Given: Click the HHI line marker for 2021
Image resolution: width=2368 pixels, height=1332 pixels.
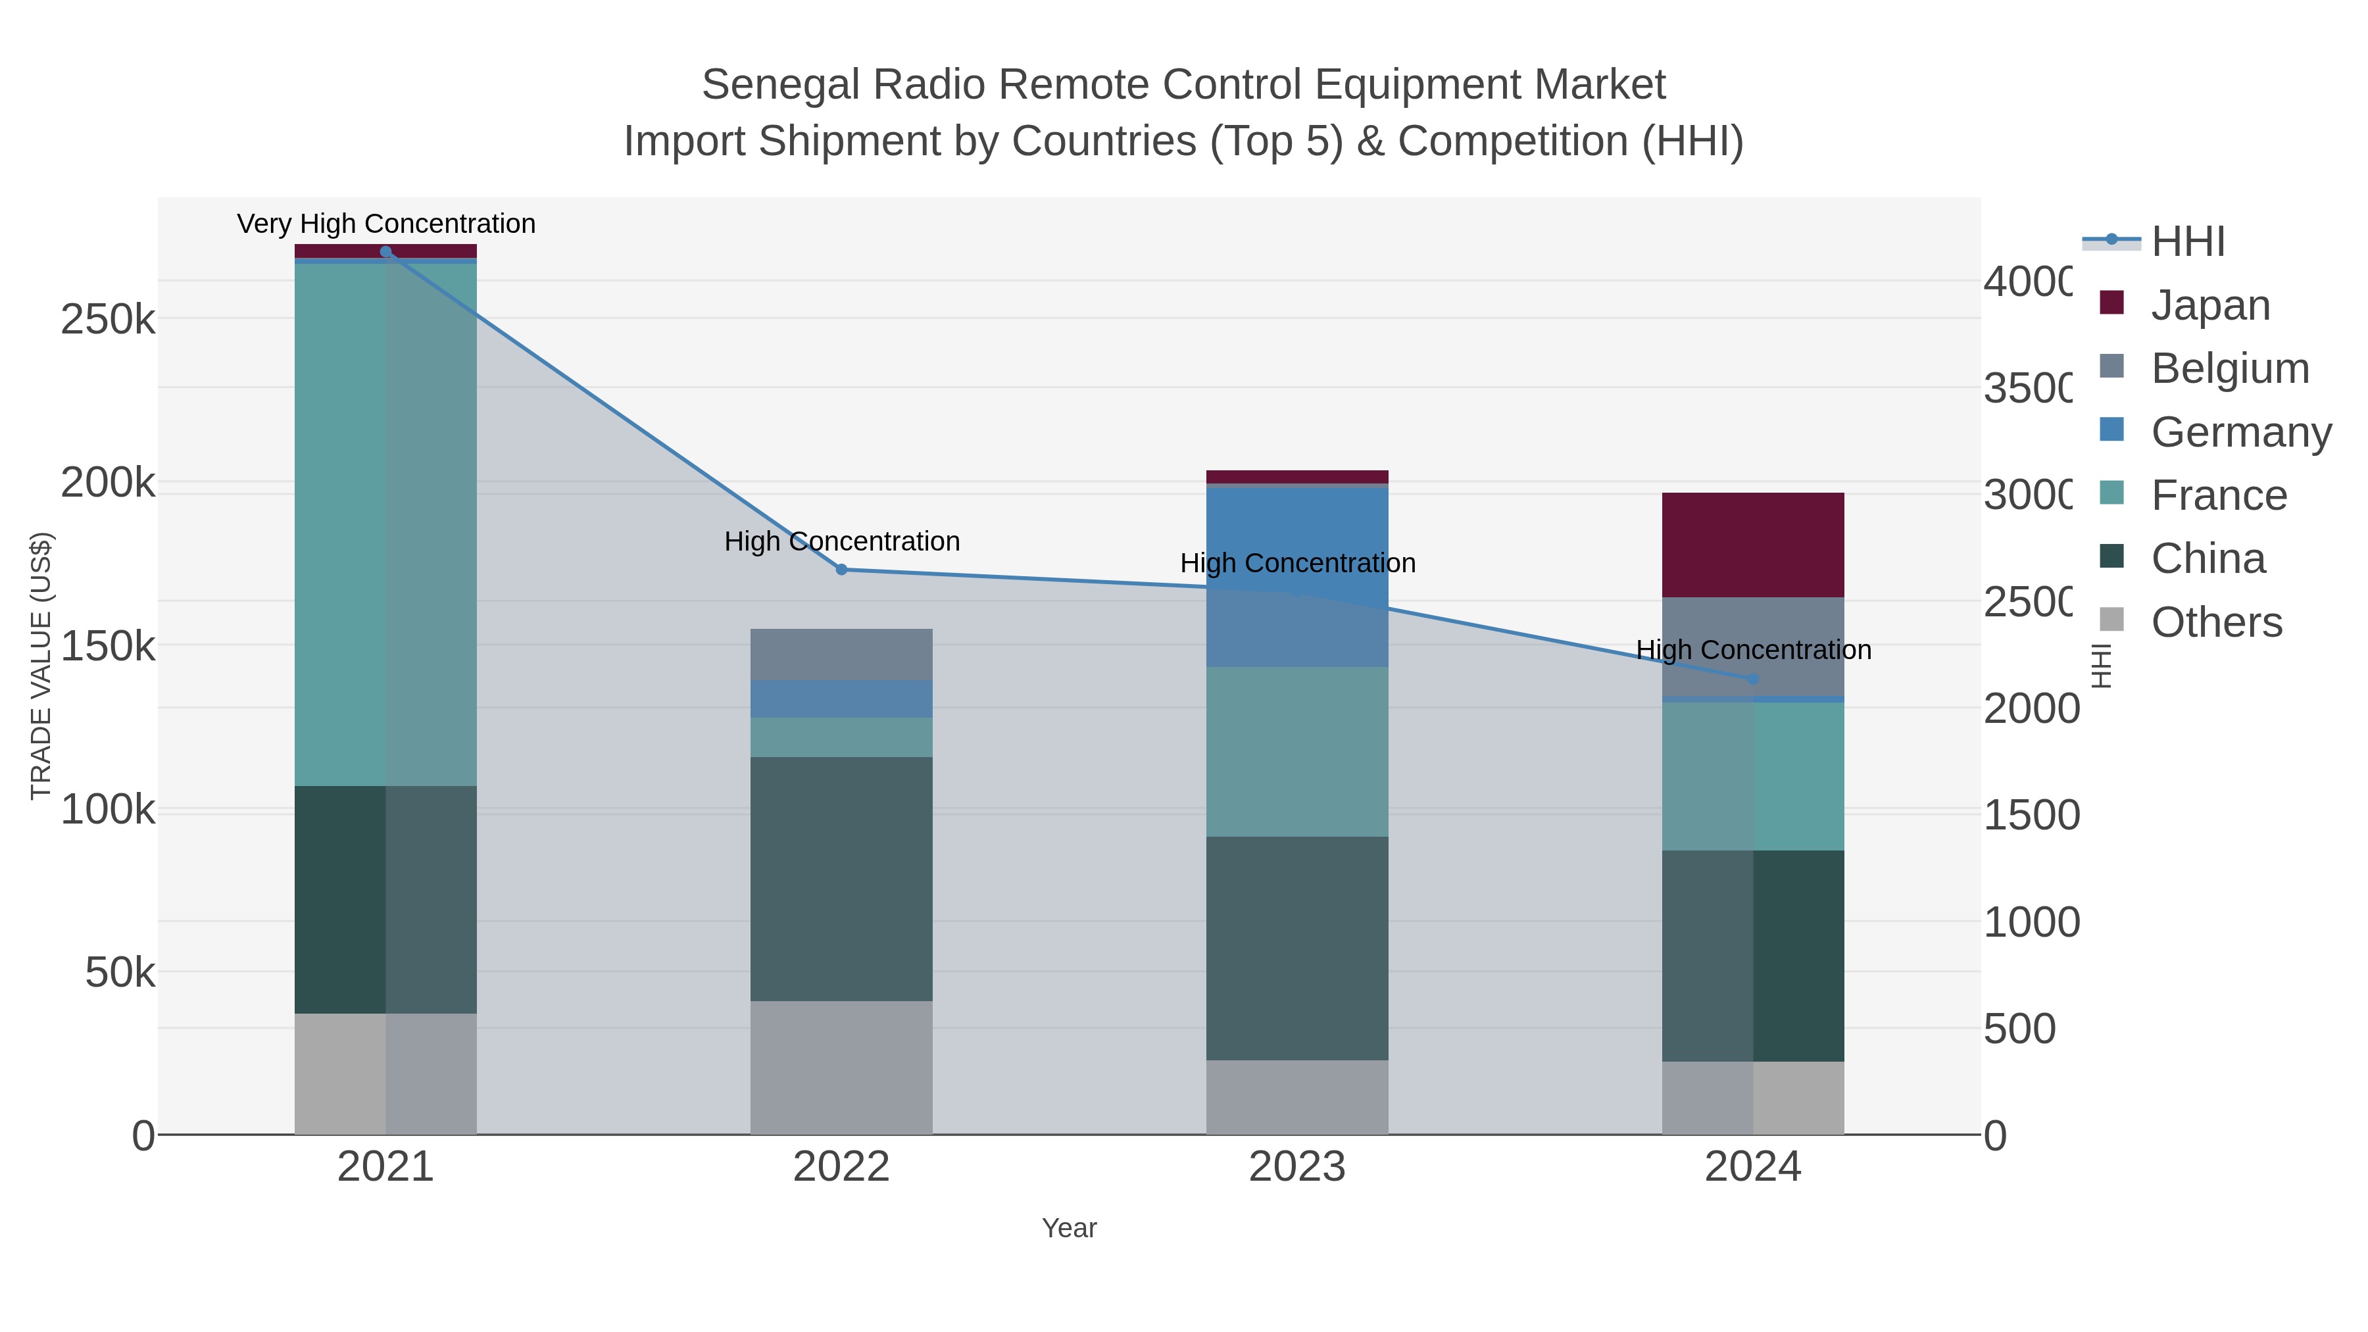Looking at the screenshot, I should (x=385, y=252).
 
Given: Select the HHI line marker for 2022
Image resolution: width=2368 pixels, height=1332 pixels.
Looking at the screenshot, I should (x=841, y=570).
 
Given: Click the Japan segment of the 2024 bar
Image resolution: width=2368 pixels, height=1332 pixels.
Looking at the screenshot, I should (x=1752, y=545).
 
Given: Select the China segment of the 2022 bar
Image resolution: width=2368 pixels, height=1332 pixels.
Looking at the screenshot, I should (x=841, y=879).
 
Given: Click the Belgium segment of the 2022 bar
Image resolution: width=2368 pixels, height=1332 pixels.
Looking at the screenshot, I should (x=841, y=654).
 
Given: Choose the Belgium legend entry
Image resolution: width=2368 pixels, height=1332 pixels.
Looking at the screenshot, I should (x=2229, y=368).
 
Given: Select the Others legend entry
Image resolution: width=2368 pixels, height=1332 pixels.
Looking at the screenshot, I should (x=2215, y=622).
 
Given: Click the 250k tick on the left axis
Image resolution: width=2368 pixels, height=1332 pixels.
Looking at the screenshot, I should (x=108, y=320).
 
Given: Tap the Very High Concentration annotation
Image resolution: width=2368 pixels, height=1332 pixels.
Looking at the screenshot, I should (x=386, y=224).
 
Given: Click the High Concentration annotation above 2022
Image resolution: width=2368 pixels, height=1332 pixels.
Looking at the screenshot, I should (x=841, y=541).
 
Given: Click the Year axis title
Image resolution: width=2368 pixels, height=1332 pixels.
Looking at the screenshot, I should (x=1068, y=1228).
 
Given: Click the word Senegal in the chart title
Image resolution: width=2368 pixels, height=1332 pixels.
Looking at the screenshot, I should (x=781, y=85).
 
